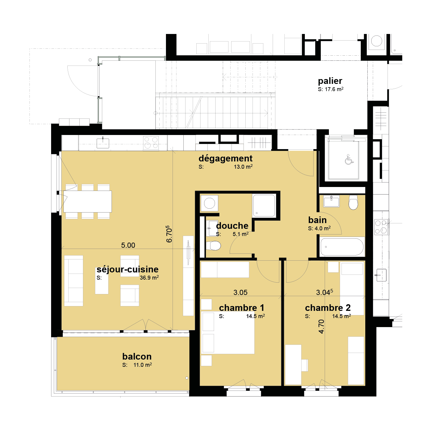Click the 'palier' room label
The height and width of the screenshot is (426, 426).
point(330,81)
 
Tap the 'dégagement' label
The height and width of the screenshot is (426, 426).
point(225,158)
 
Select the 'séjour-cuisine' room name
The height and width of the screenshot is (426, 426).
point(127,269)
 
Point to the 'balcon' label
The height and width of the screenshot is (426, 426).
point(137,356)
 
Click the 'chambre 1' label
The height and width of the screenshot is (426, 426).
point(241,308)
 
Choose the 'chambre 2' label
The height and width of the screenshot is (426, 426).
point(328,308)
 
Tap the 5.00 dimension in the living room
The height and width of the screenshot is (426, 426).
point(128,245)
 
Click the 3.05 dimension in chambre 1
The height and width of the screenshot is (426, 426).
point(240,292)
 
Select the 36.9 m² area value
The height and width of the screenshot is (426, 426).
point(149,277)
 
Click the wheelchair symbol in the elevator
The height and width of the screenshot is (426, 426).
point(349,160)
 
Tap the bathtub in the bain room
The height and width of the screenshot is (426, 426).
point(342,247)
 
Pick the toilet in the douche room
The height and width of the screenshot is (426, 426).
point(213,246)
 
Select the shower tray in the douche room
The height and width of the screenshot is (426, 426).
point(264,206)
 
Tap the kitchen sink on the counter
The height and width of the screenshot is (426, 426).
point(103,143)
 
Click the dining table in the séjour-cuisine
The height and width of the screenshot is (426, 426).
point(87,201)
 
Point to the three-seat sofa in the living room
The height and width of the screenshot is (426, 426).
point(74,281)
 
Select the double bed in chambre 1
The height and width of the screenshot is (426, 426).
point(228,333)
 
